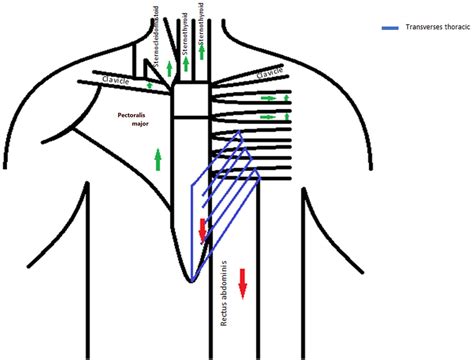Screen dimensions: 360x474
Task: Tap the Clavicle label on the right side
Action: pyautogui.click(x=270, y=74)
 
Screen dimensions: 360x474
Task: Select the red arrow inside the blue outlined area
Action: pyautogui.click(x=203, y=230)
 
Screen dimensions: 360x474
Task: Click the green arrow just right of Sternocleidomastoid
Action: pyautogui.click(x=171, y=68)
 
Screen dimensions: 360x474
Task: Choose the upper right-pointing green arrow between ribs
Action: pyautogui.click(x=268, y=99)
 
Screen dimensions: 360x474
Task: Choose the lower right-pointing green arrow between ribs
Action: pyautogui.click(x=268, y=117)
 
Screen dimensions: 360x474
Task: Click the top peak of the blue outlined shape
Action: pyautogui.click(x=238, y=131)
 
